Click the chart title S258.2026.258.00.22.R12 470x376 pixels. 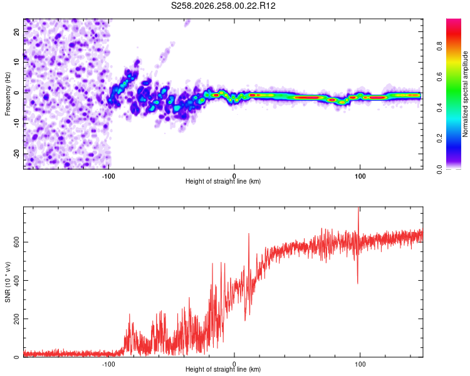tap(223, 6)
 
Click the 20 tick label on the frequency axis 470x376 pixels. tap(16, 31)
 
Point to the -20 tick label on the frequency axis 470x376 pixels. tap(16, 154)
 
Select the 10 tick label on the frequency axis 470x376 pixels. tap(16, 62)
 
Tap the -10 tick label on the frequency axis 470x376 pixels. tap(16, 123)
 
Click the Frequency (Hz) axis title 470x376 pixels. tap(8, 94)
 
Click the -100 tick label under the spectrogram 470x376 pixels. tap(108, 176)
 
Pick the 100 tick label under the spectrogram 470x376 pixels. tap(360, 176)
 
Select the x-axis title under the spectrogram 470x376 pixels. tap(223, 181)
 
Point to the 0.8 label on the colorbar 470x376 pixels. tap(439, 46)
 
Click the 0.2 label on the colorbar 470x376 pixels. tap(439, 138)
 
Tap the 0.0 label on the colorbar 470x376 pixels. tap(439, 169)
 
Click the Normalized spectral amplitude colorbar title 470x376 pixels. tap(465, 94)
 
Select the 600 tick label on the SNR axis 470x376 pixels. tap(16, 242)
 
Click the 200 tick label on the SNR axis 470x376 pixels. tap(16, 319)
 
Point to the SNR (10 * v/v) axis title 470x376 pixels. tap(8, 282)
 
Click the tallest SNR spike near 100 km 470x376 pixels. tap(358, 207)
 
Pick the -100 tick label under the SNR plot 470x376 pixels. tap(108, 364)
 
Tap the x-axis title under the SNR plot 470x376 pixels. tap(223, 369)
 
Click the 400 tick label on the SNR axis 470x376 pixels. tap(16, 280)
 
